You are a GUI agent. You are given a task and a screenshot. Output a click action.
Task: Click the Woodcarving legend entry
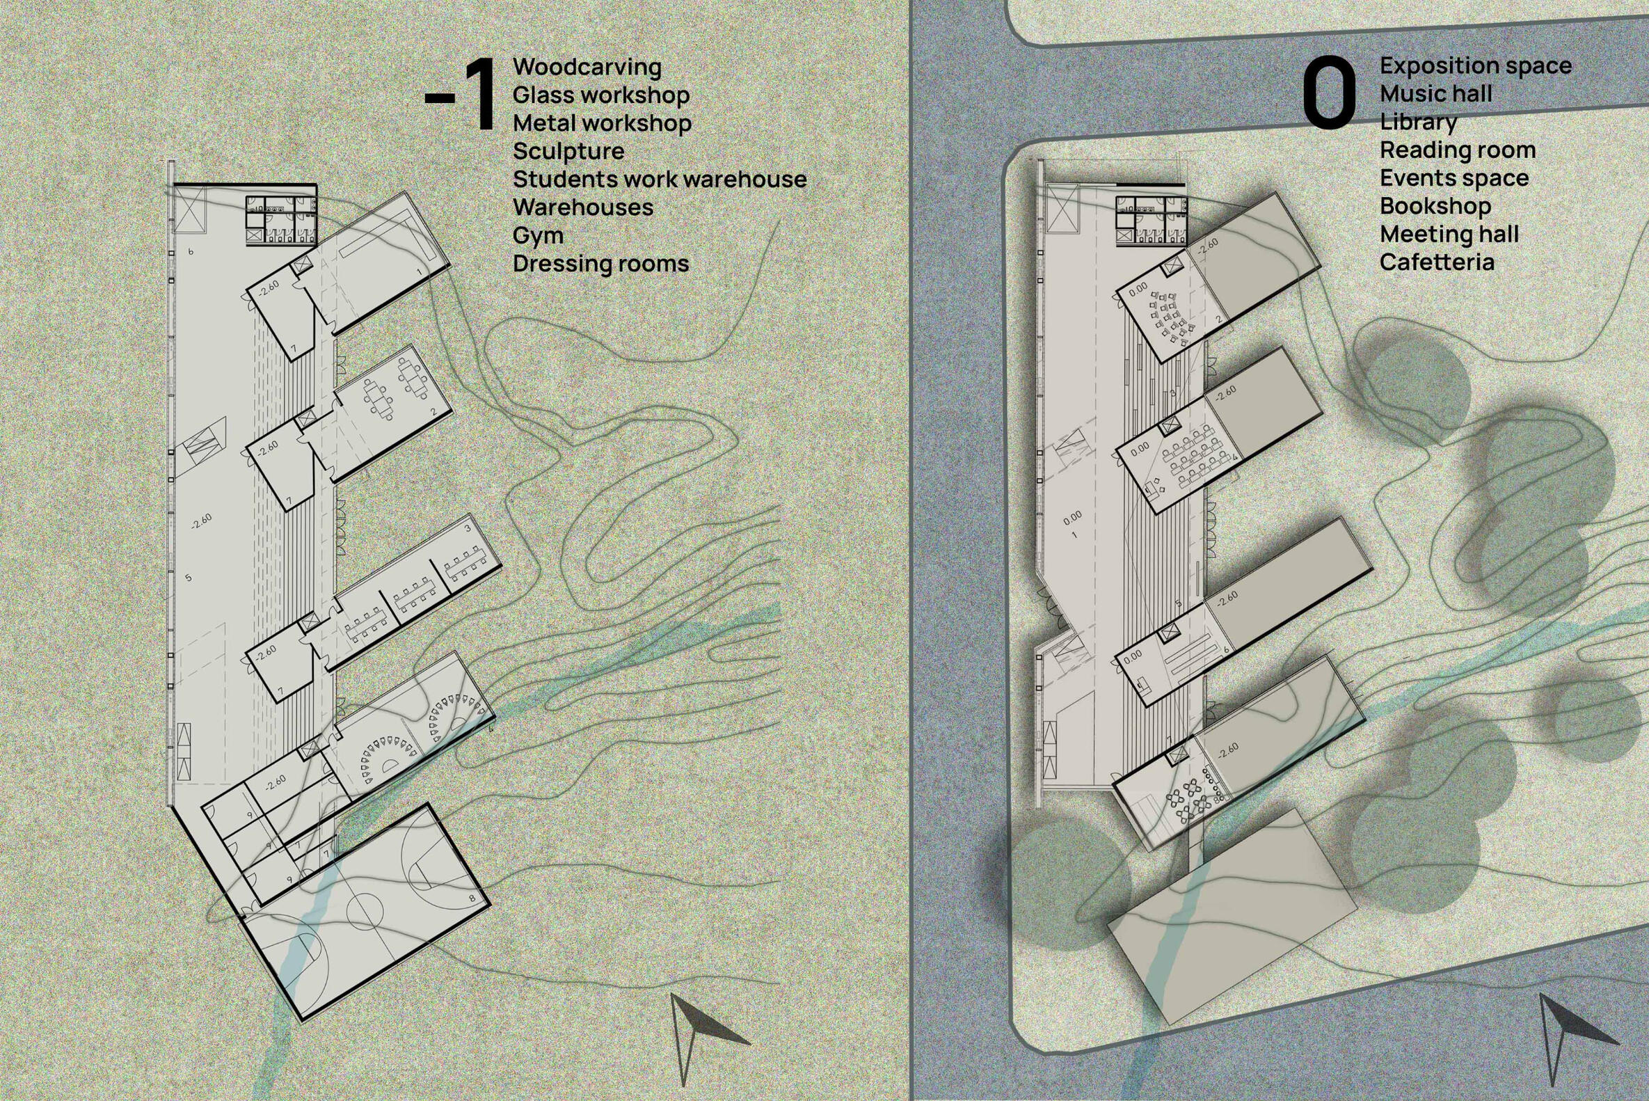tap(587, 68)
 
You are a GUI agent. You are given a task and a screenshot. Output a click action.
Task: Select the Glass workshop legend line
tap(601, 95)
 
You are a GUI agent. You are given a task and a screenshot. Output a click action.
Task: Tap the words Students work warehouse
tap(660, 179)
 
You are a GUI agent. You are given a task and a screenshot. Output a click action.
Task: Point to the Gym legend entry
tap(538, 236)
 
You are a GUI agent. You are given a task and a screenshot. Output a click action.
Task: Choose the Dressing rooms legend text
tap(601, 264)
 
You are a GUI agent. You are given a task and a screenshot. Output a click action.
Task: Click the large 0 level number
tap(1329, 94)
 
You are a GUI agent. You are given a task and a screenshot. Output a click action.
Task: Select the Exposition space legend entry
tap(1476, 66)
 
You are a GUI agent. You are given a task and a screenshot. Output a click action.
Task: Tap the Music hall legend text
tap(1435, 93)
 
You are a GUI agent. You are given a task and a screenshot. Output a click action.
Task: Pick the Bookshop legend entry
tap(1435, 206)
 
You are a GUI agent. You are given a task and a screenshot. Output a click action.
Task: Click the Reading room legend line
tap(1458, 150)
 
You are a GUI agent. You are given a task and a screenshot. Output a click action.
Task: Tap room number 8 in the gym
tap(472, 898)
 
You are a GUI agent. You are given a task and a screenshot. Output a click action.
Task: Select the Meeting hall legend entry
tap(1449, 234)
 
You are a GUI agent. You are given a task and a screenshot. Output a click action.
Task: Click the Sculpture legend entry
tap(568, 152)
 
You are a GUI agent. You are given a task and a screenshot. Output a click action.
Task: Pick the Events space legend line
tap(1454, 178)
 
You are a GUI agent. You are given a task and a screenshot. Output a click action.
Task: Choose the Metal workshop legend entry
tap(603, 124)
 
